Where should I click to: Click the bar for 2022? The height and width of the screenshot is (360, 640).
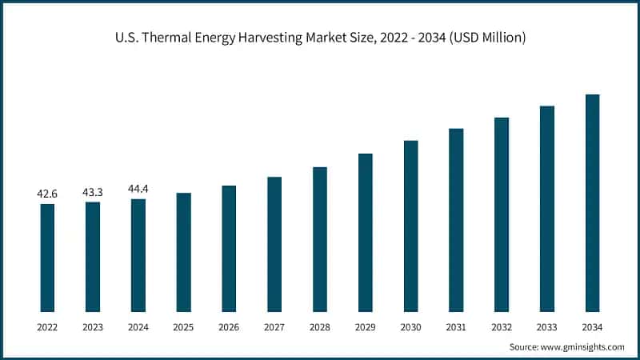[47, 258]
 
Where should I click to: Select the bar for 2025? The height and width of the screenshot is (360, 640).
[183, 252]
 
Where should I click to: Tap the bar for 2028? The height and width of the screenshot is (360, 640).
[320, 239]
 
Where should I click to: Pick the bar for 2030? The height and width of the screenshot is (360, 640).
[410, 226]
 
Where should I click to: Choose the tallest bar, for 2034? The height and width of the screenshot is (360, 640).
[593, 203]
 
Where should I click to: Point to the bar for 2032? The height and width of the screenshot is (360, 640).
[502, 214]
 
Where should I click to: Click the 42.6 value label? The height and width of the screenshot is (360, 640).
[47, 194]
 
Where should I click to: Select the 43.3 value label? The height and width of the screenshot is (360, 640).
[93, 192]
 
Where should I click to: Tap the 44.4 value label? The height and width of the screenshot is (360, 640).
[138, 189]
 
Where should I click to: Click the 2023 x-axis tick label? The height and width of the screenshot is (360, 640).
[93, 327]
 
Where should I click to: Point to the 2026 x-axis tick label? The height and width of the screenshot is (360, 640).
[229, 327]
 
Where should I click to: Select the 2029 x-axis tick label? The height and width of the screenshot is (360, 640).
[365, 327]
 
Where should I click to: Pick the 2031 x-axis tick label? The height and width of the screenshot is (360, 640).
[456, 327]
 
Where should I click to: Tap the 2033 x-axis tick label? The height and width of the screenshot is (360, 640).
[547, 327]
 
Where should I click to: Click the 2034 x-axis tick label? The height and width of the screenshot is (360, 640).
[593, 327]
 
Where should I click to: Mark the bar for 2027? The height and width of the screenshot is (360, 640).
[274, 244]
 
